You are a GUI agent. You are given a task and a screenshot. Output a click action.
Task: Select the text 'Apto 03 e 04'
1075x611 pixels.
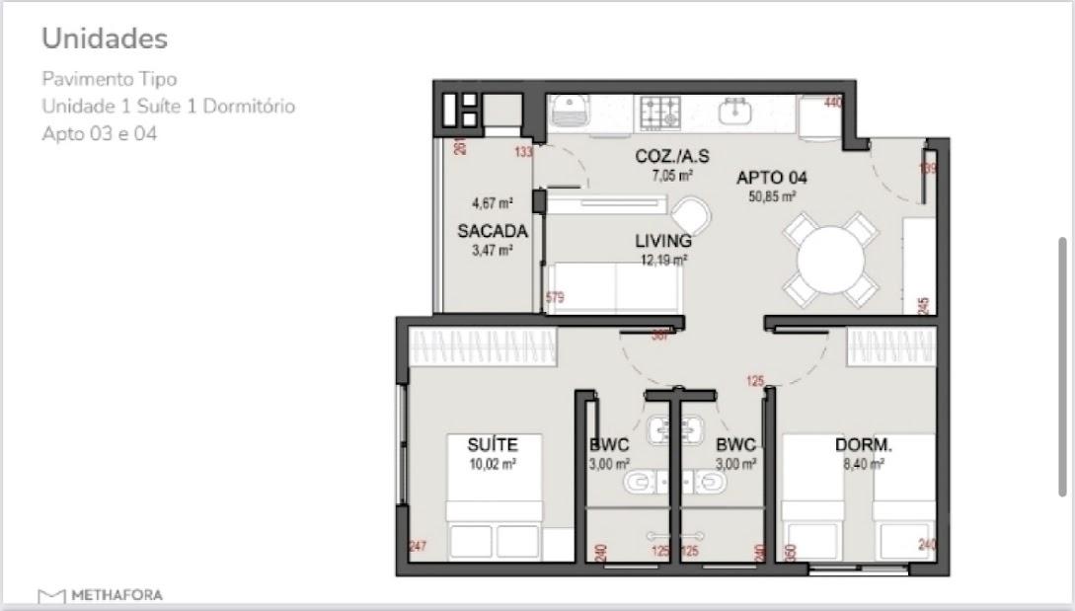pos(99,133)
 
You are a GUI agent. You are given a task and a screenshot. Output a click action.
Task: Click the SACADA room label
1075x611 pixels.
pos(493,232)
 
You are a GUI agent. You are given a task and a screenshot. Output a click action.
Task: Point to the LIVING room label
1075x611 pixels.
pos(662,241)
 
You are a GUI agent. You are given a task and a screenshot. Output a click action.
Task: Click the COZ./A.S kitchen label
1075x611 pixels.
pos(671,157)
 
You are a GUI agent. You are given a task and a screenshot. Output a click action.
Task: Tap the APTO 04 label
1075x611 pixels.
pos(772,179)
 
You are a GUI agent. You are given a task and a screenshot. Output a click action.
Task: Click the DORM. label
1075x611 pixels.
pos(863,445)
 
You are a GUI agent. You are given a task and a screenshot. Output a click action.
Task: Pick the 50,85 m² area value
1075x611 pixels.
pos(773,196)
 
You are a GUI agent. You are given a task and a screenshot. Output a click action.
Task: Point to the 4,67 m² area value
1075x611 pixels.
pos(493,204)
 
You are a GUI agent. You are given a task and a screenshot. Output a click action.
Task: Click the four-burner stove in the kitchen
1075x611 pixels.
pos(658,112)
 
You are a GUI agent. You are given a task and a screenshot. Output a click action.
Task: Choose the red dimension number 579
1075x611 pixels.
pos(554,297)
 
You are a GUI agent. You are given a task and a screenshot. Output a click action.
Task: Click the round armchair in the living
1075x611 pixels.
pos(690,213)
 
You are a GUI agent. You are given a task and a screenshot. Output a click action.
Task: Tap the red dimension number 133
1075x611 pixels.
pos(522,152)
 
